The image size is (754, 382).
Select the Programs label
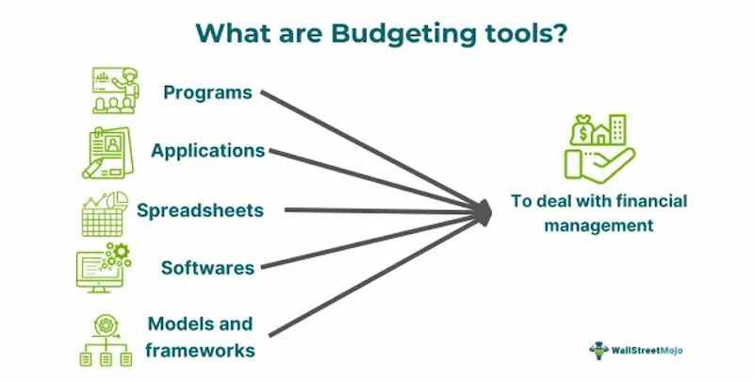point(207,92)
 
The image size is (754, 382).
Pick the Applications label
point(207,151)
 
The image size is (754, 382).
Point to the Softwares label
point(207,267)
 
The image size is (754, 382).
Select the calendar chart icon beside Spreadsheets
point(106,212)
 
